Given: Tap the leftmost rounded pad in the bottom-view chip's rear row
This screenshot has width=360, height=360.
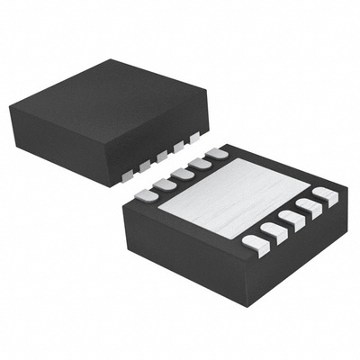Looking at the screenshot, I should click(145, 193).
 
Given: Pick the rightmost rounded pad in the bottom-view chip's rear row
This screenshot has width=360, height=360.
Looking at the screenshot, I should click(216, 154).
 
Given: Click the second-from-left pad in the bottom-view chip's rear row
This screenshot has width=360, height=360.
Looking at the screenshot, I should click(163, 183).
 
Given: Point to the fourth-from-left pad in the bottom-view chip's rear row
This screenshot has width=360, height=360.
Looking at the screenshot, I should click(199, 163).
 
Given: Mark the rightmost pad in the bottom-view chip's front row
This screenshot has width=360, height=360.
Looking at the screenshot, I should click(326, 196).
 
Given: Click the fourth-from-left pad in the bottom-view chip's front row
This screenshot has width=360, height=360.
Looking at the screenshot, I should click(310, 209).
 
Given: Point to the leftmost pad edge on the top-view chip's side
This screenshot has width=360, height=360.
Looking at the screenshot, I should click(128, 174).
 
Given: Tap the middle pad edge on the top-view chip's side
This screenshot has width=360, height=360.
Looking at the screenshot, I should click(162, 156).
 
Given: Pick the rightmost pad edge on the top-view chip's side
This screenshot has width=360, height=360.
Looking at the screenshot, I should click(195, 138).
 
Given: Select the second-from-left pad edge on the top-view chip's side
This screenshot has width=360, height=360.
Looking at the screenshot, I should click(145, 165).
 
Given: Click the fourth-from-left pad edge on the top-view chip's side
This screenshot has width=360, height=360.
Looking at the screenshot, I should click(179, 147).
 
